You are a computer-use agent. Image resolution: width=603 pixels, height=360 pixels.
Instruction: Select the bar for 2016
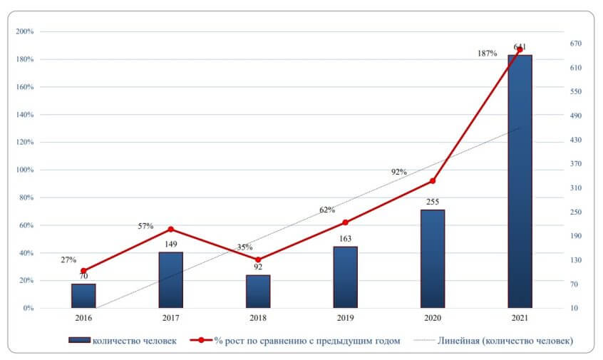pos(83,296)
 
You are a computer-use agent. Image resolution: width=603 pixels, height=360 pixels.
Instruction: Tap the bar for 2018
pos(258,292)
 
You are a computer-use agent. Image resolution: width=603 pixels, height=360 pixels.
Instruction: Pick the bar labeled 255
pos(432,259)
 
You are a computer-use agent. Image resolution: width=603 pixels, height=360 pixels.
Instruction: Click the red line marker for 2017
pos(170,230)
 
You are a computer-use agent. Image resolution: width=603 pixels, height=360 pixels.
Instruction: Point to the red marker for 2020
pos(432,181)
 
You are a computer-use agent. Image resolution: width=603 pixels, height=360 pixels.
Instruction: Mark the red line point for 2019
pos(345,222)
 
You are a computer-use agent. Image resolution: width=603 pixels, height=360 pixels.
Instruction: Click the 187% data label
pos(488,53)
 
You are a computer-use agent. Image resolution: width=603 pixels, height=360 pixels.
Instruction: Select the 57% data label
pos(146,226)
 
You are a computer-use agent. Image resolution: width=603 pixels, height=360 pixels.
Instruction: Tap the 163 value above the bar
pos(345,239)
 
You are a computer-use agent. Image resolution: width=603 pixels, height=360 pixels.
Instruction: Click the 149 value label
pos(170,245)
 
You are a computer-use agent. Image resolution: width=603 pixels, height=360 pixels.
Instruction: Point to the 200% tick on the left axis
pos(25,31)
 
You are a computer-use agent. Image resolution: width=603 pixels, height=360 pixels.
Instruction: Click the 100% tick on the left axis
pos(25,170)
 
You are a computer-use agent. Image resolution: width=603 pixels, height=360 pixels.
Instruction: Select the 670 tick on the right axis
pos(576,43)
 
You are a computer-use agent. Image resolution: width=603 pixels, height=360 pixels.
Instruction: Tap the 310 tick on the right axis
pos(576,188)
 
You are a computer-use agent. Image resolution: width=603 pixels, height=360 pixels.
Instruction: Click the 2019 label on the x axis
pos(345,319)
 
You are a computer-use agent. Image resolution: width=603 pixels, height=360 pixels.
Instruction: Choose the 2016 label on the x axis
pos(83,319)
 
